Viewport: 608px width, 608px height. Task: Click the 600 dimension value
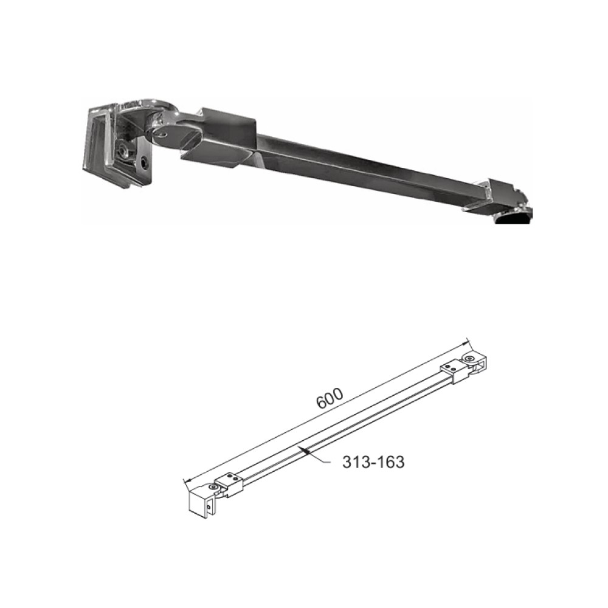coord(330,398)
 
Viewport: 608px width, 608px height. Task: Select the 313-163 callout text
coord(373,462)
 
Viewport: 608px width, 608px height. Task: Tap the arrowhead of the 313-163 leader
coord(306,451)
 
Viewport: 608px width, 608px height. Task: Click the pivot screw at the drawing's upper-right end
coord(471,359)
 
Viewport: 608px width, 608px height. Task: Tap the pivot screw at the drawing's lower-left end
coord(212,486)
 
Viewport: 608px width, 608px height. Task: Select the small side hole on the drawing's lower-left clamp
coord(208,506)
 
